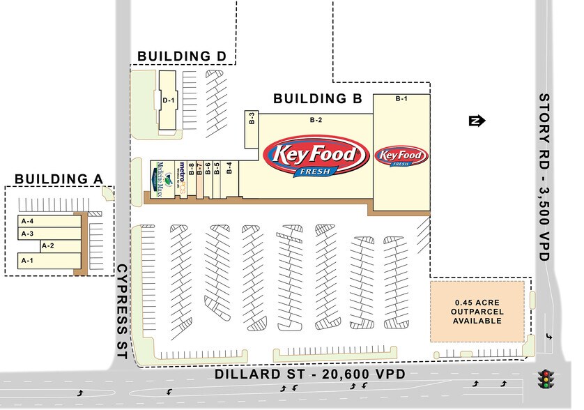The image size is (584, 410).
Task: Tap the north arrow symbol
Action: click(476, 121)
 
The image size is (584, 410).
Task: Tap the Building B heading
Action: click(318, 99)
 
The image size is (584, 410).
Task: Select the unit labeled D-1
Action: click(167, 101)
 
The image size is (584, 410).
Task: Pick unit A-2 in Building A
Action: click(47, 245)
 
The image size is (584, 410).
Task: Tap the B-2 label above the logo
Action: click(316, 120)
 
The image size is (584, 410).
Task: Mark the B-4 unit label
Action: click(229, 167)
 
